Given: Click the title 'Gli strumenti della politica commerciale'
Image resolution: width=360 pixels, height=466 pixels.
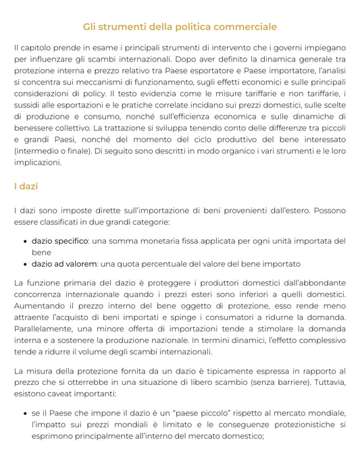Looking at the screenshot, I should (180, 27).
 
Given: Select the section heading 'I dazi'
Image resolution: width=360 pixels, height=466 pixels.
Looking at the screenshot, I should (26, 186).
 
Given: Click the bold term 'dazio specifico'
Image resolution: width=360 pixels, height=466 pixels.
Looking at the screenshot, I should (60, 241).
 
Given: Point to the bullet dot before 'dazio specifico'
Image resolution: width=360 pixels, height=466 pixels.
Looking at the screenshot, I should (25, 241).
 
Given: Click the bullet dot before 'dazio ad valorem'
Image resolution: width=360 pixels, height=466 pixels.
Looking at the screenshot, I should (25, 264).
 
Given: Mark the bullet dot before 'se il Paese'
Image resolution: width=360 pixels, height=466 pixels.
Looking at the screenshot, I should (25, 413).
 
